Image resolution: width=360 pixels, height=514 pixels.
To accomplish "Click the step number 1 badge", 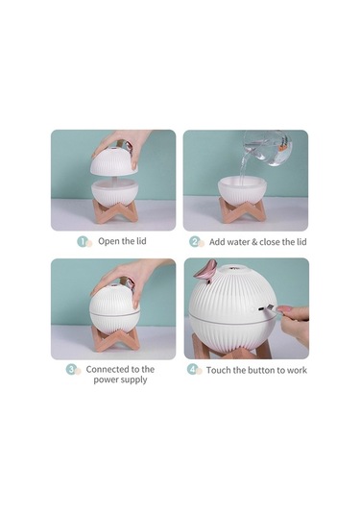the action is (x=83, y=241).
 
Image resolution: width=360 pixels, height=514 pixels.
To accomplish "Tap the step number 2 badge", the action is (x=194, y=242).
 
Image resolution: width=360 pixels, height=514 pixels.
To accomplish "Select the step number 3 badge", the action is (x=71, y=369).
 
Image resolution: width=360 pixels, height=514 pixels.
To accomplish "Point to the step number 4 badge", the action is (x=192, y=370).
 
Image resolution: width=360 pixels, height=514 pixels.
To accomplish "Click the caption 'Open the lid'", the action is (x=122, y=241).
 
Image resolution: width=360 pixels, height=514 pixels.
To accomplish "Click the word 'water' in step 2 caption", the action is (x=238, y=242).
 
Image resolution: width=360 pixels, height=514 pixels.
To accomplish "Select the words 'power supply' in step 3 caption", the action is (x=120, y=379).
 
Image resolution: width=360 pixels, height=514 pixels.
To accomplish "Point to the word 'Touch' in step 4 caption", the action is (x=219, y=370).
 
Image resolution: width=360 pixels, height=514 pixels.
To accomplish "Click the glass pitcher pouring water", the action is (x=269, y=148).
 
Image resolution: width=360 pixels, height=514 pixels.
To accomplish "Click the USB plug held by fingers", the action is (x=270, y=308).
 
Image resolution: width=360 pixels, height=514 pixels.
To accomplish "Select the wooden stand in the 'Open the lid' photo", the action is (x=114, y=210).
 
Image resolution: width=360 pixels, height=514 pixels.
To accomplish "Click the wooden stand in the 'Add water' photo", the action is (x=242, y=209).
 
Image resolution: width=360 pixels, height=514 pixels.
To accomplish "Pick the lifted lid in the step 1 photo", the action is (x=113, y=161).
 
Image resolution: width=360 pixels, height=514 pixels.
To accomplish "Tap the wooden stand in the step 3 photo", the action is (x=115, y=338).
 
